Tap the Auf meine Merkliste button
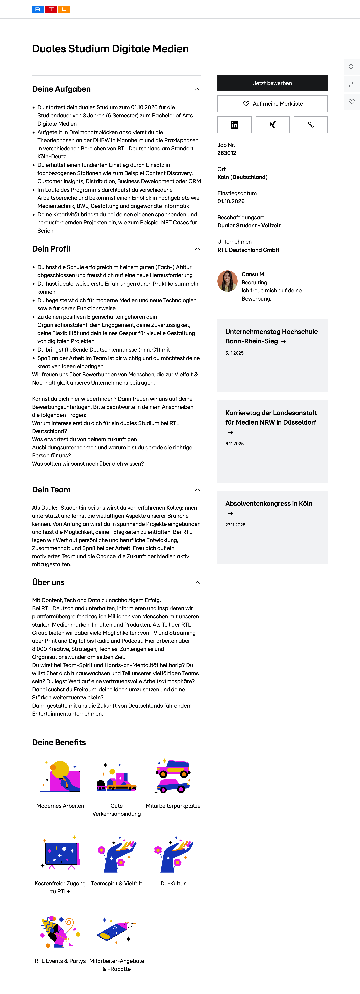coord(272,104)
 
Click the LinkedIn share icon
coord(234,125)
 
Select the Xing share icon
coord(272,125)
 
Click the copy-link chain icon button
coord(311,125)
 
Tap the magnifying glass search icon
coord(351,67)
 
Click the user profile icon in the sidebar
coord(351,84)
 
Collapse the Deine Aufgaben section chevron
coord(197,89)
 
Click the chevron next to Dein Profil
coord(197,249)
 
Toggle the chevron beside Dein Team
coord(197,490)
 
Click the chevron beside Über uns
coord(197,583)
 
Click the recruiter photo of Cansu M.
coord(227,281)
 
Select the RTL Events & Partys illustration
coord(60,932)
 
